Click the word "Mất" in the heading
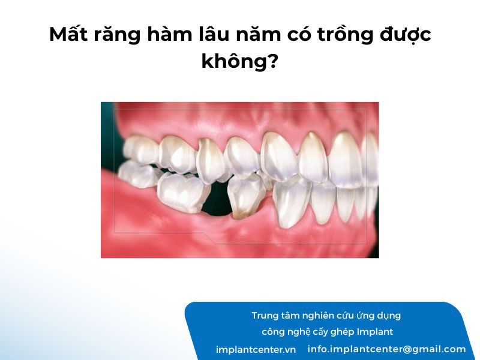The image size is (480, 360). (x=68, y=35)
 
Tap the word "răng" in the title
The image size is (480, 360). (x=118, y=36)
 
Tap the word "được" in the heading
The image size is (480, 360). (x=406, y=35)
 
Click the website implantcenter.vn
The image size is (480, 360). (x=256, y=350)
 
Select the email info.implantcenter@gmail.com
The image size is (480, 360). (x=386, y=349)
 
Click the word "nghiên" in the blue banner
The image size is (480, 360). (x=317, y=316)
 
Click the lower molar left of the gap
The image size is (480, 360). (x=181, y=193)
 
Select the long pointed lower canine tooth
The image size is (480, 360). (x=289, y=203)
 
